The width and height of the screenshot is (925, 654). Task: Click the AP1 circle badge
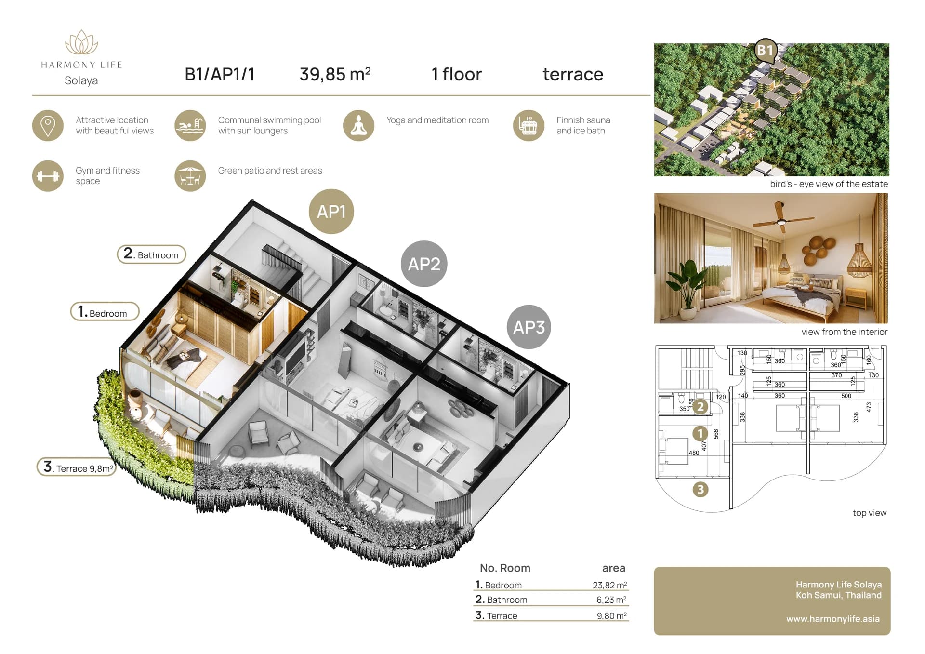click(331, 211)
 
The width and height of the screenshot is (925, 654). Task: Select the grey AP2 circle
click(424, 264)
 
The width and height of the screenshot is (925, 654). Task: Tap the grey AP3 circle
click(529, 327)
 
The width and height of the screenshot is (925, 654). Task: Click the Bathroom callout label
click(151, 254)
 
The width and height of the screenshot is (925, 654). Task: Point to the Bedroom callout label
click(105, 312)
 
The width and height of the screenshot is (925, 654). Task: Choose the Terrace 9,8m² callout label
click(77, 467)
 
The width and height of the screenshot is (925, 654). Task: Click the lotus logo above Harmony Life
click(81, 42)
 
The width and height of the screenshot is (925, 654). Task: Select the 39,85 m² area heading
click(335, 74)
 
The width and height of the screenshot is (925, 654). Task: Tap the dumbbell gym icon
click(48, 176)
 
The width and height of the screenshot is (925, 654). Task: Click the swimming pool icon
click(190, 125)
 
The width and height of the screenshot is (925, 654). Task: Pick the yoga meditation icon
click(358, 125)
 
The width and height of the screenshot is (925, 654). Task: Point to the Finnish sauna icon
click(529, 125)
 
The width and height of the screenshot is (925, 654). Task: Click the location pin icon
click(48, 125)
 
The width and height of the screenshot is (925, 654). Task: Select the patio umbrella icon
click(190, 176)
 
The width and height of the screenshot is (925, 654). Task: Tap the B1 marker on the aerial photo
click(765, 51)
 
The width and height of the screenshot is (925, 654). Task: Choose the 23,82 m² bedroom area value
click(609, 585)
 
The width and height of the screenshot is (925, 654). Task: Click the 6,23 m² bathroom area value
click(611, 600)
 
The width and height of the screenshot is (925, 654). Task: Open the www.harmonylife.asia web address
click(833, 619)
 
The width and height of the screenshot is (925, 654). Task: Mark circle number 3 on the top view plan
click(700, 490)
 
